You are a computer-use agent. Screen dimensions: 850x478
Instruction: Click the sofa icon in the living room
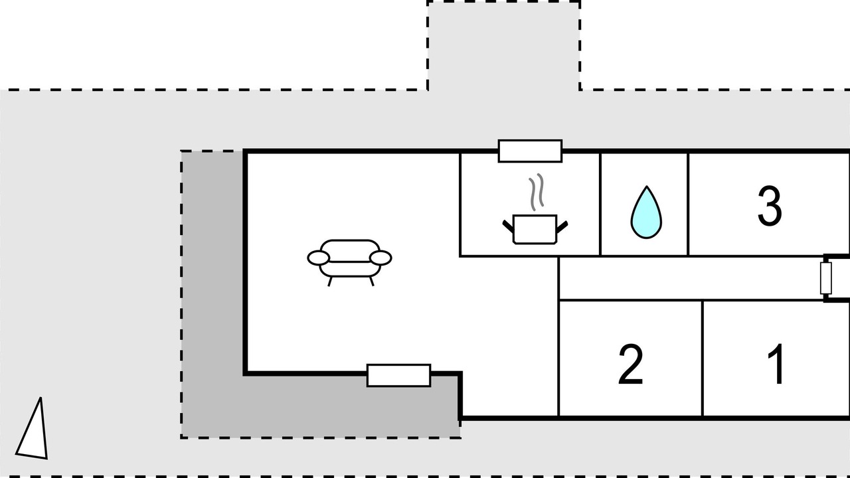pos(349,262)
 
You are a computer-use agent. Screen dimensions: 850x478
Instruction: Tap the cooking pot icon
pos(535,229)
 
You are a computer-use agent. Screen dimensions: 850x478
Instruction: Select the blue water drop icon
pos(646,212)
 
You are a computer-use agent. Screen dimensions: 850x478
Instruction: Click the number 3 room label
pos(770,206)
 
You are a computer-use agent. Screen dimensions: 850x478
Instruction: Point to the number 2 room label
pos(631,364)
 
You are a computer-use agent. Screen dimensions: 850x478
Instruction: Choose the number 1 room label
pos(776,363)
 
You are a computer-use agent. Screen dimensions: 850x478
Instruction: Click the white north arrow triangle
pos(33,431)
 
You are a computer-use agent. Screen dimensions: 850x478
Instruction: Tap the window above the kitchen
pos(530,151)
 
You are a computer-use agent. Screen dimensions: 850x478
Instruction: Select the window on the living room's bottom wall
pos(399,375)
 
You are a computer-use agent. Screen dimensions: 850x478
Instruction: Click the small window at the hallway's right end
pos(826,278)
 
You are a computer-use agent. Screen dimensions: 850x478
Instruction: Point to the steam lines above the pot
pos(537,192)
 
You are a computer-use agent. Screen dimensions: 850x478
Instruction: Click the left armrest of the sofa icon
pos(318,258)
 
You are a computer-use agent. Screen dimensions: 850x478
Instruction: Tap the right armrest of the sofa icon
pos(381,258)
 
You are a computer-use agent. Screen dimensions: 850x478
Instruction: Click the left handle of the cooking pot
pos(508,226)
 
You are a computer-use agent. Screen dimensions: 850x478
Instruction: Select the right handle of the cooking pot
pos(562,226)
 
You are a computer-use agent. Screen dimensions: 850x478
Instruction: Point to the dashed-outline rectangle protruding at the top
pos(504,46)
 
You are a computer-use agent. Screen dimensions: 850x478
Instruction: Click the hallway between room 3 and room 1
pos(691,278)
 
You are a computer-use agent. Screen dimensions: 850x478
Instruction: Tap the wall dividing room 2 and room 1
pos(703,358)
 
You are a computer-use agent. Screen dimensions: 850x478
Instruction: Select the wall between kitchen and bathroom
pos(600,204)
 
